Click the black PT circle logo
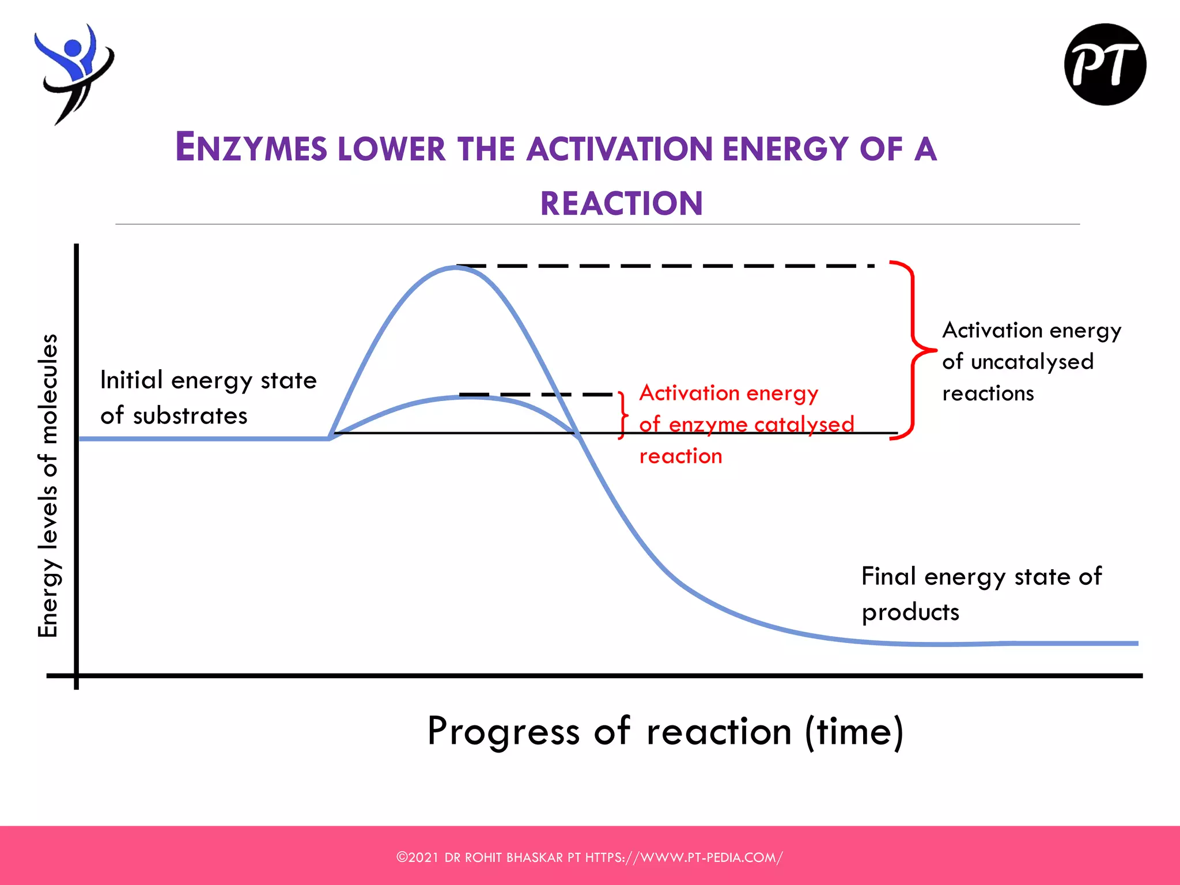[1105, 65]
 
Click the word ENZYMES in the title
[251, 147]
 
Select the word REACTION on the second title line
[621, 203]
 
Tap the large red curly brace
[913, 350]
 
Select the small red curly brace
[622, 415]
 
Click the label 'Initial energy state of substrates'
[207, 398]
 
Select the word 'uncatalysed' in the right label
[1031, 362]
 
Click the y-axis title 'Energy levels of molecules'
[48, 485]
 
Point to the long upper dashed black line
[663, 266]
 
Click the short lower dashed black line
[536, 395]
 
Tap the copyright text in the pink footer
[589, 857]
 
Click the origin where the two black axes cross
[76, 675]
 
